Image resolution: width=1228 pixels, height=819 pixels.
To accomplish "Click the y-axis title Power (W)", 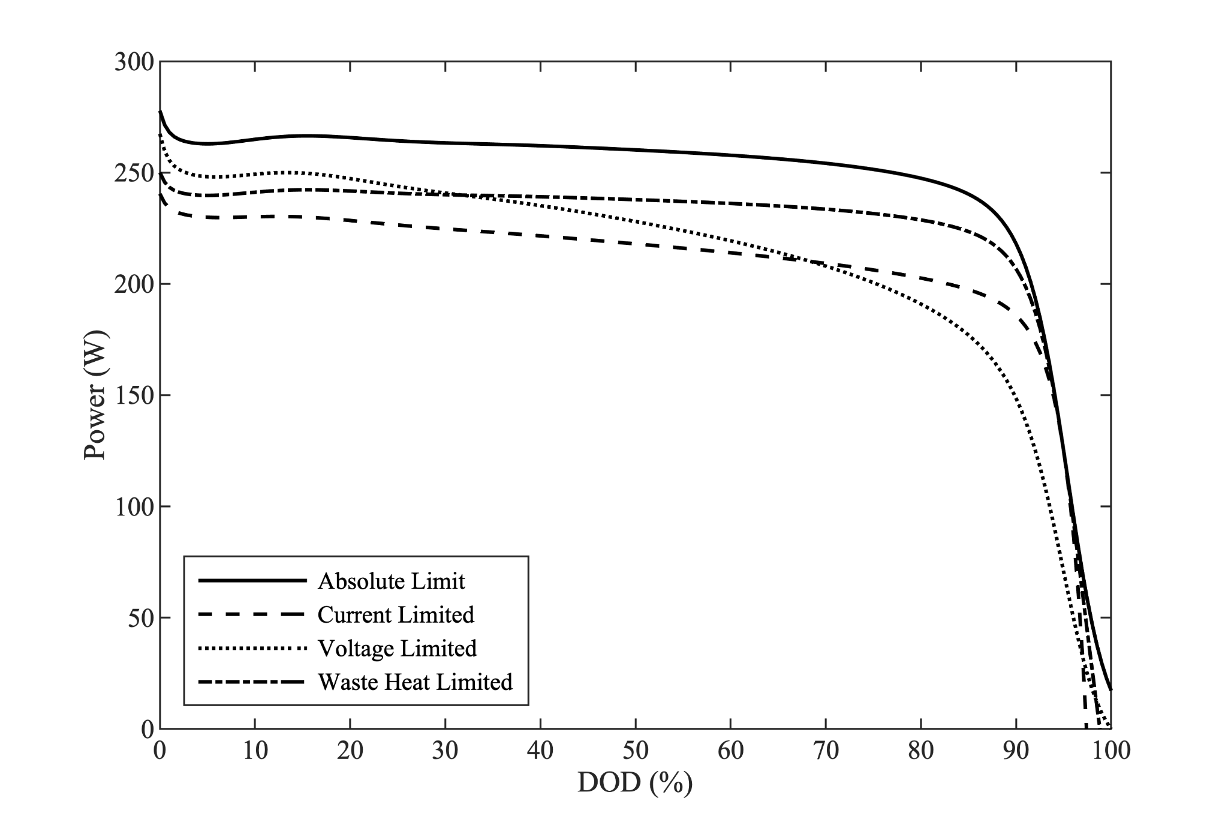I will click(x=94, y=395).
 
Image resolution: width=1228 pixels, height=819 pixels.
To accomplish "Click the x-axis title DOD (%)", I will click(x=635, y=782).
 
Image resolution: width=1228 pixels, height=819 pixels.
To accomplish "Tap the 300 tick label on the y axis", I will click(x=134, y=62).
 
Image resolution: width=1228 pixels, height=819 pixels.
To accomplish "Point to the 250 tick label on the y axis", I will click(x=134, y=173).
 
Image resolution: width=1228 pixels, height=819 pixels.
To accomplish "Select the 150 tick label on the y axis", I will click(x=134, y=395).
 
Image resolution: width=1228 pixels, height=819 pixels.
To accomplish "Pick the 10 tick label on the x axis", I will click(x=255, y=751).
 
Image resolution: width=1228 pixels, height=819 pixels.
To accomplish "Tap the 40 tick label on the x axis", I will click(x=540, y=751).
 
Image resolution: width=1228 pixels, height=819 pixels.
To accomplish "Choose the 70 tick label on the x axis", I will click(x=826, y=751).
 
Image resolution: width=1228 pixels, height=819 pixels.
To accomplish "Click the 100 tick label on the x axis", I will click(x=1110, y=751).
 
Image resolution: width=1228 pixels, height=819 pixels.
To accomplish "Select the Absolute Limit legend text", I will click(x=391, y=581).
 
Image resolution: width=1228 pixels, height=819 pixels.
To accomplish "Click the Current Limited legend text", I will click(x=396, y=614).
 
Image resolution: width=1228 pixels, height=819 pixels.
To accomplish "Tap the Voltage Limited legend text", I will click(x=397, y=648).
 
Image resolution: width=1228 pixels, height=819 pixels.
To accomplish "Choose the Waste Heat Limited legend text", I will click(x=415, y=682).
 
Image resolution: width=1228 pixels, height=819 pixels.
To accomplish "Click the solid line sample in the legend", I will click(x=252, y=580).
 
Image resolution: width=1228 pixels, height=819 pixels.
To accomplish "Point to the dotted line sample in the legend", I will click(x=252, y=648).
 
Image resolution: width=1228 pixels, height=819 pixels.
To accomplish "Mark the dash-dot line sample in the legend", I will click(x=252, y=682).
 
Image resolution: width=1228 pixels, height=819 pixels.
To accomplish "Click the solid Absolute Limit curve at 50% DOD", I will click(x=636, y=149).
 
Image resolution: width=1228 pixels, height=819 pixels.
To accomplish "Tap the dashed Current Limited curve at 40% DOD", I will click(x=540, y=236).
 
